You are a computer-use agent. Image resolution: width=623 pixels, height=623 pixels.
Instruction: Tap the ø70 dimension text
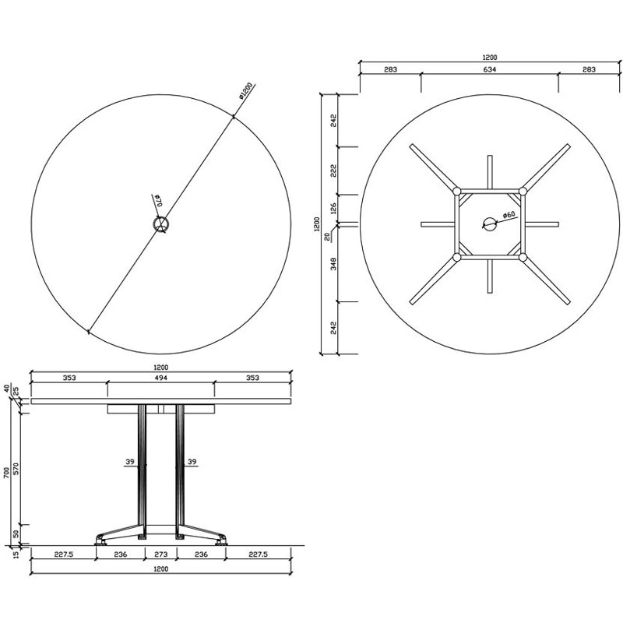point(158,200)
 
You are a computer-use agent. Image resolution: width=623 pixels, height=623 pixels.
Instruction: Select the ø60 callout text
point(509,215)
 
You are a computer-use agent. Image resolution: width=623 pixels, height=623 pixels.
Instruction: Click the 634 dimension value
point(490,69)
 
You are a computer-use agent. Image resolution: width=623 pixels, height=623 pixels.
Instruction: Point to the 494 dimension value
point(160,378)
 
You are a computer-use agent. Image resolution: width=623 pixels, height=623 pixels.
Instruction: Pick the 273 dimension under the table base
point(160,554)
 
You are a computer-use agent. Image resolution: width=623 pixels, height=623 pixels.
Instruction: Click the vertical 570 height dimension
point(16,470)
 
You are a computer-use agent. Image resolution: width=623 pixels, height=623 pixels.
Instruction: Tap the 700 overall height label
point(6,473)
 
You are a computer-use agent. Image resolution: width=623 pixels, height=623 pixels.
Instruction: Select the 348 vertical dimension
point(333,264)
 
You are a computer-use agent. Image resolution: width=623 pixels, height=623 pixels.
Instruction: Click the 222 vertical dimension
point(333,171)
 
